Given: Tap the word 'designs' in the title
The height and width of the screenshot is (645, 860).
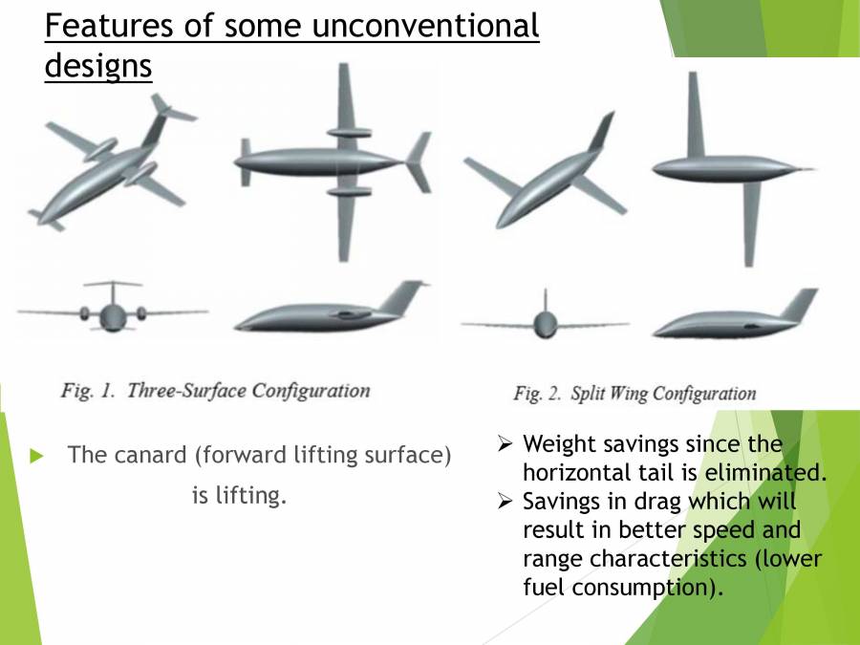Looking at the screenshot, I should click(98, 66).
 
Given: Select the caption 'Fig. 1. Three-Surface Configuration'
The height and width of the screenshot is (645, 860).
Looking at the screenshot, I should click(215, 390).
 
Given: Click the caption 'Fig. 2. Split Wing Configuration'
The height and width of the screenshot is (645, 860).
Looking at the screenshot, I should click(634, 393).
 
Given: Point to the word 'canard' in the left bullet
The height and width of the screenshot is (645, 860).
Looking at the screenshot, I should click(151, 455).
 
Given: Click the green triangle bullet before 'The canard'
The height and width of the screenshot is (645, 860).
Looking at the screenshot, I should click(38, 456).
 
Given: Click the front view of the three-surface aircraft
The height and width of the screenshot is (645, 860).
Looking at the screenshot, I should click(113, 312).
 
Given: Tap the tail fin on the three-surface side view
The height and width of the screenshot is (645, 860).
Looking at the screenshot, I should click(401, 297).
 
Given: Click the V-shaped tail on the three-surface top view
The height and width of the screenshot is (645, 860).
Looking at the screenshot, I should click(419, 161).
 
